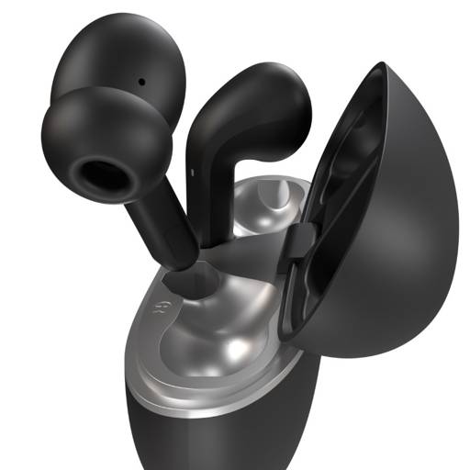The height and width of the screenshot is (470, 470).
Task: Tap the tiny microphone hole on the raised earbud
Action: click(142, 81)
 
